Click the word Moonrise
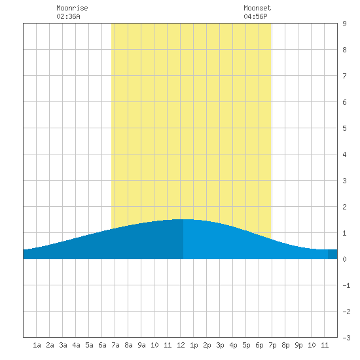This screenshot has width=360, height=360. pyautogui.click(x=72, y=8)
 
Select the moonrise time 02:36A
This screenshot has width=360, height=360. pyautogui.click(x=69, y=16)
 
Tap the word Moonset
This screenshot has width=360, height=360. pyautogui.click(x=257, y=8)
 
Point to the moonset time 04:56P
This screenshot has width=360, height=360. pyautogui.click(x=255, y=16)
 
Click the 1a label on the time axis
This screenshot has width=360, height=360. pyautogui.click(x=37, y=345)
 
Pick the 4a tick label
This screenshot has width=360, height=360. pyautogui.click(x=76, y=345)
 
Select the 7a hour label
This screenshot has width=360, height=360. pyautogui.click(x=115, y=345)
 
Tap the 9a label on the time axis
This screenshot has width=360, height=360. pyautogui.click(x=141, y=345)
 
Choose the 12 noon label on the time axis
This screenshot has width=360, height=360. pyautogui.click(x=181, y=345)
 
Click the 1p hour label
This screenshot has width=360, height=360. pyautogui.click(x=194, y=345)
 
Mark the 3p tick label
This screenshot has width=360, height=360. pyautogui.click(x=220, y=345)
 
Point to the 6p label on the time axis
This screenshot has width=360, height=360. pyautogui.click(x=259, y=345)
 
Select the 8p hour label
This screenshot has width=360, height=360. pyautogui.click(x=285, y=345)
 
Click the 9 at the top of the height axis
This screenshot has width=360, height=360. pyautogui.click(x=344, y=24)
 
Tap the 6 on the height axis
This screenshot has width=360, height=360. pyautogui.click(x=344, y=102)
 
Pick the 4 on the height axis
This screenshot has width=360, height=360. pyautogui.click(x=344, y=154)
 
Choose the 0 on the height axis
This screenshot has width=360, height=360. pyautogui.click(x=344, y=259)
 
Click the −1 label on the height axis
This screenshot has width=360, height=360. pyautogui.click(x=346, y=285)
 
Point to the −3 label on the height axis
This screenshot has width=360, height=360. pyautogui.click(x=346, y=338)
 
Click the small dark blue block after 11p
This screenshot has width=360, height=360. pyautogui.click(x=333, y=254)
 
